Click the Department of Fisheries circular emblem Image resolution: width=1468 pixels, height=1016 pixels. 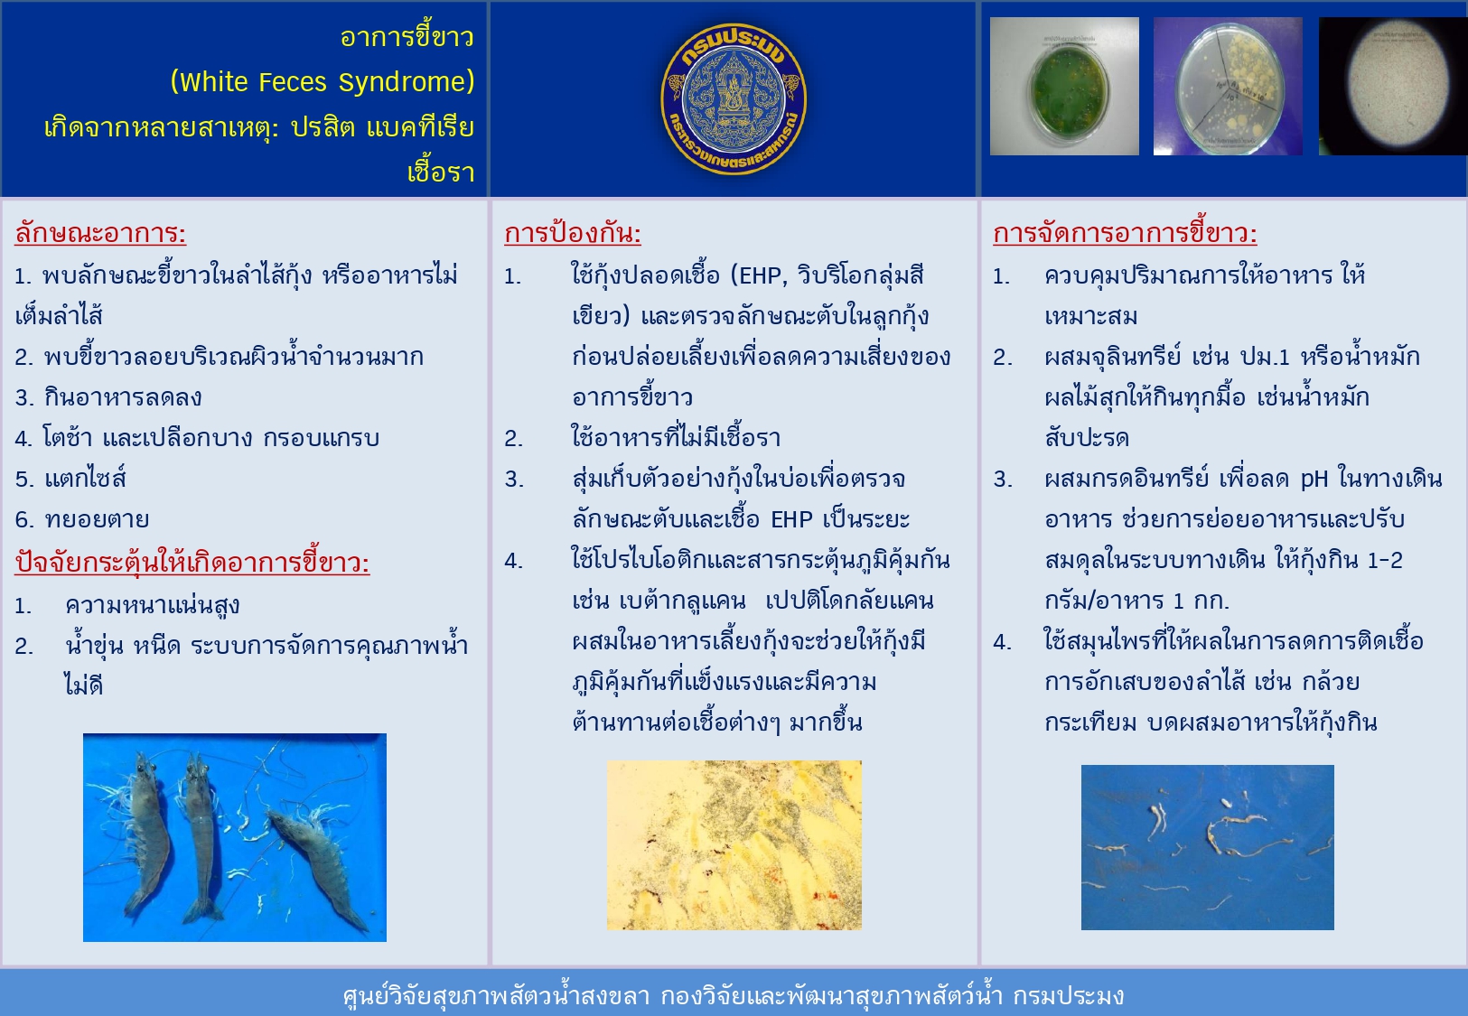[734, 99]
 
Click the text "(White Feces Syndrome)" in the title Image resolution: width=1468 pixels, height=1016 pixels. [322, 82]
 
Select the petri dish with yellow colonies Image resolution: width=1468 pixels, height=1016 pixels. [1228, 87]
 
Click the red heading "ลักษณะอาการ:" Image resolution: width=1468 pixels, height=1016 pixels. [100, 233]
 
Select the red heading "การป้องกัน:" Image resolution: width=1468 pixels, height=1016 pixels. [572, 233]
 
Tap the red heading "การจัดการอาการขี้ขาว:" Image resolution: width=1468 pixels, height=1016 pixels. [1125, 233]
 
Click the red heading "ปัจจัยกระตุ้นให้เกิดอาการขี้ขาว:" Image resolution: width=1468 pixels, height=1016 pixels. [192, 562]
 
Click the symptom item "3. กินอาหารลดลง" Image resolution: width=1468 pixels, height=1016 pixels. [108, 397]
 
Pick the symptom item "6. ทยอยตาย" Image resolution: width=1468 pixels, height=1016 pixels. [82, 519]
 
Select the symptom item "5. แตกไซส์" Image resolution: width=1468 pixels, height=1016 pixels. [70, 479]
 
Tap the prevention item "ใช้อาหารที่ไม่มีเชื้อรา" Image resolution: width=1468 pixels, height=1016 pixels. [676, 438]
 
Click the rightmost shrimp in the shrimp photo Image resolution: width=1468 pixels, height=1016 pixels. [318, 867]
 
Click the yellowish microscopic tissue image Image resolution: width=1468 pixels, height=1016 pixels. [734, 845]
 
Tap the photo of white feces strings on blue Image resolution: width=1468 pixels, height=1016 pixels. [1207, 847]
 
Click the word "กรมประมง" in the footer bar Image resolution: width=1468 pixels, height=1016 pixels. [1068, 996]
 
